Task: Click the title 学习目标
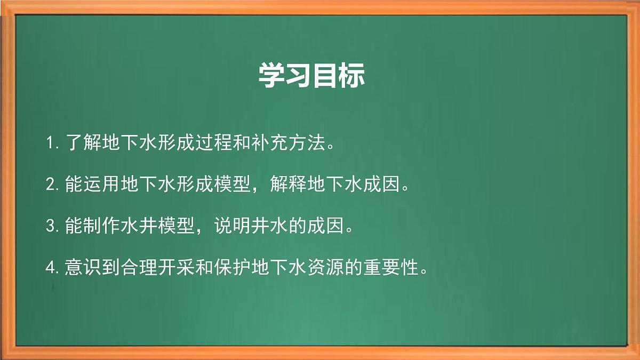311,76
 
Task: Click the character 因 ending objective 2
391,185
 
